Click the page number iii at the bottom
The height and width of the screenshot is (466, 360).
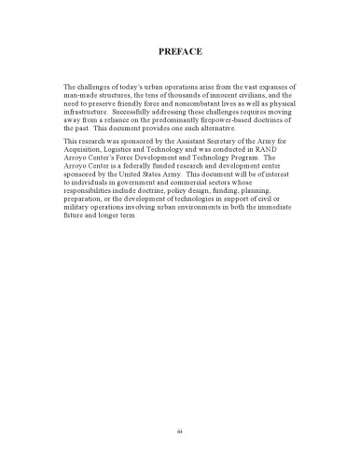tap(180, 430)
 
